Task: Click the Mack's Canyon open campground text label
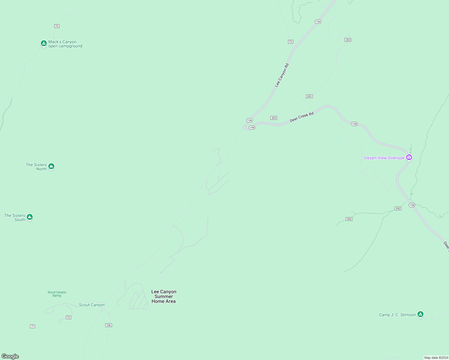(x=65, y=44)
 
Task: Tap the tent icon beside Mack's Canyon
(x=44, y=43)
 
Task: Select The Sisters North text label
(x=36, y=167)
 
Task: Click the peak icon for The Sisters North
(x=51, y=166)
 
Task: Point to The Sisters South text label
(x=15, y=217)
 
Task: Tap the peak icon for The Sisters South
(x=29, y=217)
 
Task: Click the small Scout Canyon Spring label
(x=57, y=294)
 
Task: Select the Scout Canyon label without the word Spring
(x=92, y=305)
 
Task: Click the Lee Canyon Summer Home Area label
(x=164, y=296)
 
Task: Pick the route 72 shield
(x=68, y=317)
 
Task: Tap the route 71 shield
(x=32, y=326)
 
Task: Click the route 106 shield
(x=109, y=325)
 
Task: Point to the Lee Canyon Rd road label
(x=282, y=75)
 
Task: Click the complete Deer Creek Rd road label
(x=302, y=117)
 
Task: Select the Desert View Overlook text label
(x=384, y=158)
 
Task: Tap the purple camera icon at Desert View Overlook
(x=409, y=157)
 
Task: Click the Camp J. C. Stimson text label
(x=397, y=315)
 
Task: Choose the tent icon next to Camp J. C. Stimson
(x=420, y=314)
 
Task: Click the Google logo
(x=10, y=356)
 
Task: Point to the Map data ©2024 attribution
(x=436, y=358)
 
